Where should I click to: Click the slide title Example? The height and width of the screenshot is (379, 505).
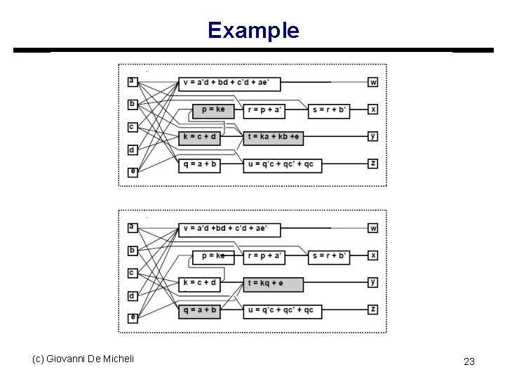[x=253, y=30]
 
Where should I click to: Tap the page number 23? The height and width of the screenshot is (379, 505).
[x=469, y=361]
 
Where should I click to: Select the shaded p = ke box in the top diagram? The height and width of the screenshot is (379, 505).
[x=213, y=109]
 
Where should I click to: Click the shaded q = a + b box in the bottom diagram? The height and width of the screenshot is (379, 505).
[x=199, y=310]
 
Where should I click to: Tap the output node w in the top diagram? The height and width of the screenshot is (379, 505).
[x=373, y=82]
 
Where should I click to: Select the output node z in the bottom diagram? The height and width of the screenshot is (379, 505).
[x=373, y=310]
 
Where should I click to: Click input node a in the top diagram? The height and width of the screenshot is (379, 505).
[x=132, y=81]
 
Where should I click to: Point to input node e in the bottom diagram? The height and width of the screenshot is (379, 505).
[x=133, y=317]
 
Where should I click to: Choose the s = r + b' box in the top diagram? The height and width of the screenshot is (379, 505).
[x=329, y=109]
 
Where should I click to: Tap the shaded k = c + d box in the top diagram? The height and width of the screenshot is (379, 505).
[x=199, y=138]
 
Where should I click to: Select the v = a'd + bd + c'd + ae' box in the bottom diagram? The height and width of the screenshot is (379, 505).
[x=229, y=230]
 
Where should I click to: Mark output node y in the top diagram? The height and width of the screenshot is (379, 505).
[x=373, y=136]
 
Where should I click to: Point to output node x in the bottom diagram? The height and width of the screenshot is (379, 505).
[x=373, y=255]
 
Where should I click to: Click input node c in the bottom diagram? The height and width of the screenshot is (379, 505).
[x=132, y=272]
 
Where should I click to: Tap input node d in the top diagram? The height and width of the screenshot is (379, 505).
[x=132, y=149]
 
